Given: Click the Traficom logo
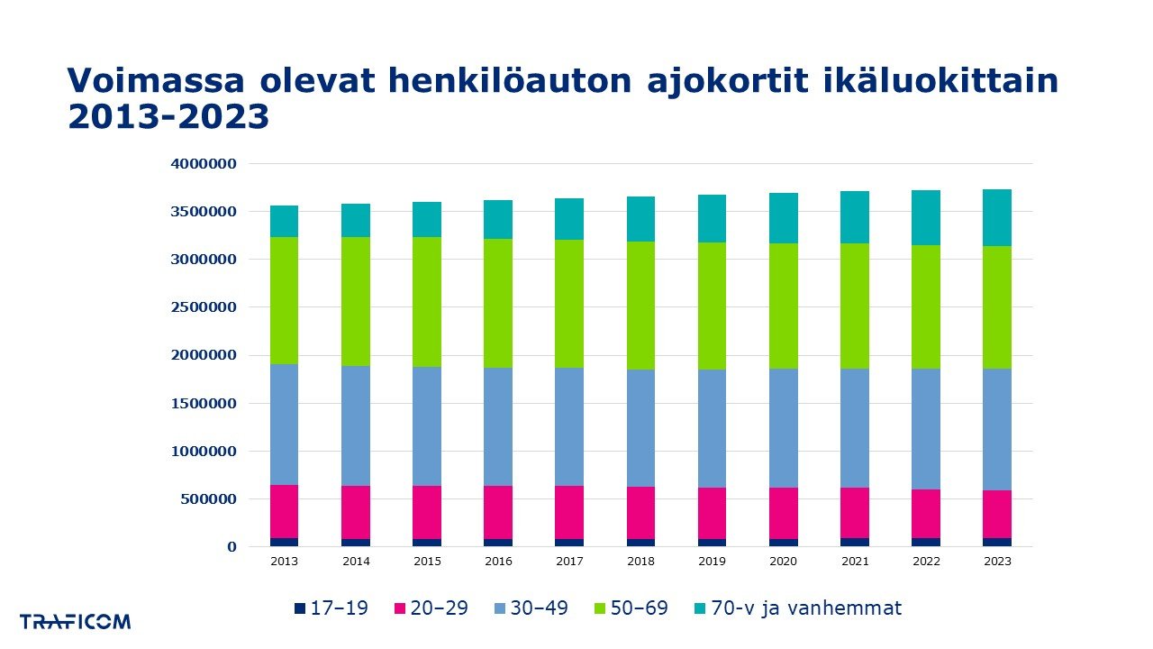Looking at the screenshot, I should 76,621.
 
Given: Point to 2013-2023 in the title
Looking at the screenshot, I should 168,117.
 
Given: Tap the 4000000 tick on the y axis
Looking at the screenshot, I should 204,164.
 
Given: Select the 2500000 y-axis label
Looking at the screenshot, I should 204,307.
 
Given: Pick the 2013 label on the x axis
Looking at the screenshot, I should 285,561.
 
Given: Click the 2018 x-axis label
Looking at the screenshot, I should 640,561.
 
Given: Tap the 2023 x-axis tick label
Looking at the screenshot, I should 997,561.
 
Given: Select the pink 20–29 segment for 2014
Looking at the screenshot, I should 356,512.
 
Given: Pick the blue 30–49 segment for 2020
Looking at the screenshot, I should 783,427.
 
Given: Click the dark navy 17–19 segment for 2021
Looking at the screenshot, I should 855,542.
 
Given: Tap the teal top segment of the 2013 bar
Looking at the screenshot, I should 285,221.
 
